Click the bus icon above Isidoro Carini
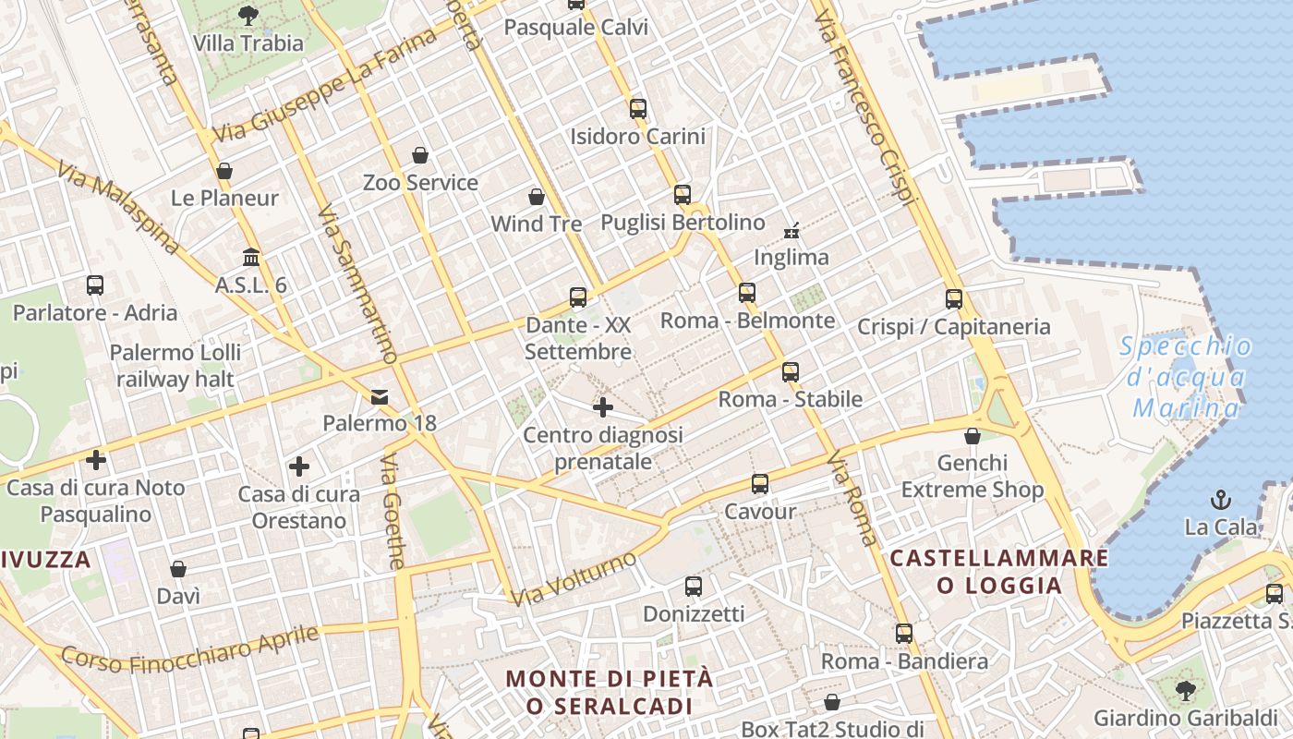pos(637,108)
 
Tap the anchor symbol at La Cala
pos(1221,500)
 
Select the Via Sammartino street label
pos(356,285)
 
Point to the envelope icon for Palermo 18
pos(379,397)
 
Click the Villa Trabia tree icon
pos(248,15)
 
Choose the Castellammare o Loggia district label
pos(998,572)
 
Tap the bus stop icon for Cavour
pos(759,483)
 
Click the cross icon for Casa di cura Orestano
pos(298,466)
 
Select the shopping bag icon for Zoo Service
pos(420,154)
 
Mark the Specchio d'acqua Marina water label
pos(1186,377)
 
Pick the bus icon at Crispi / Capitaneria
pos(954,298)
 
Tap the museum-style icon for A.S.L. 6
pos(251,257)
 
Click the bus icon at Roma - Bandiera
pos(903,634)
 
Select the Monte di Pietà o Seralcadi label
pos(609,692)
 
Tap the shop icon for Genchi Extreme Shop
pos(972,435)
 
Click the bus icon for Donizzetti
pos(693,586)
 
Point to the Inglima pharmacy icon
pos(792,229)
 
